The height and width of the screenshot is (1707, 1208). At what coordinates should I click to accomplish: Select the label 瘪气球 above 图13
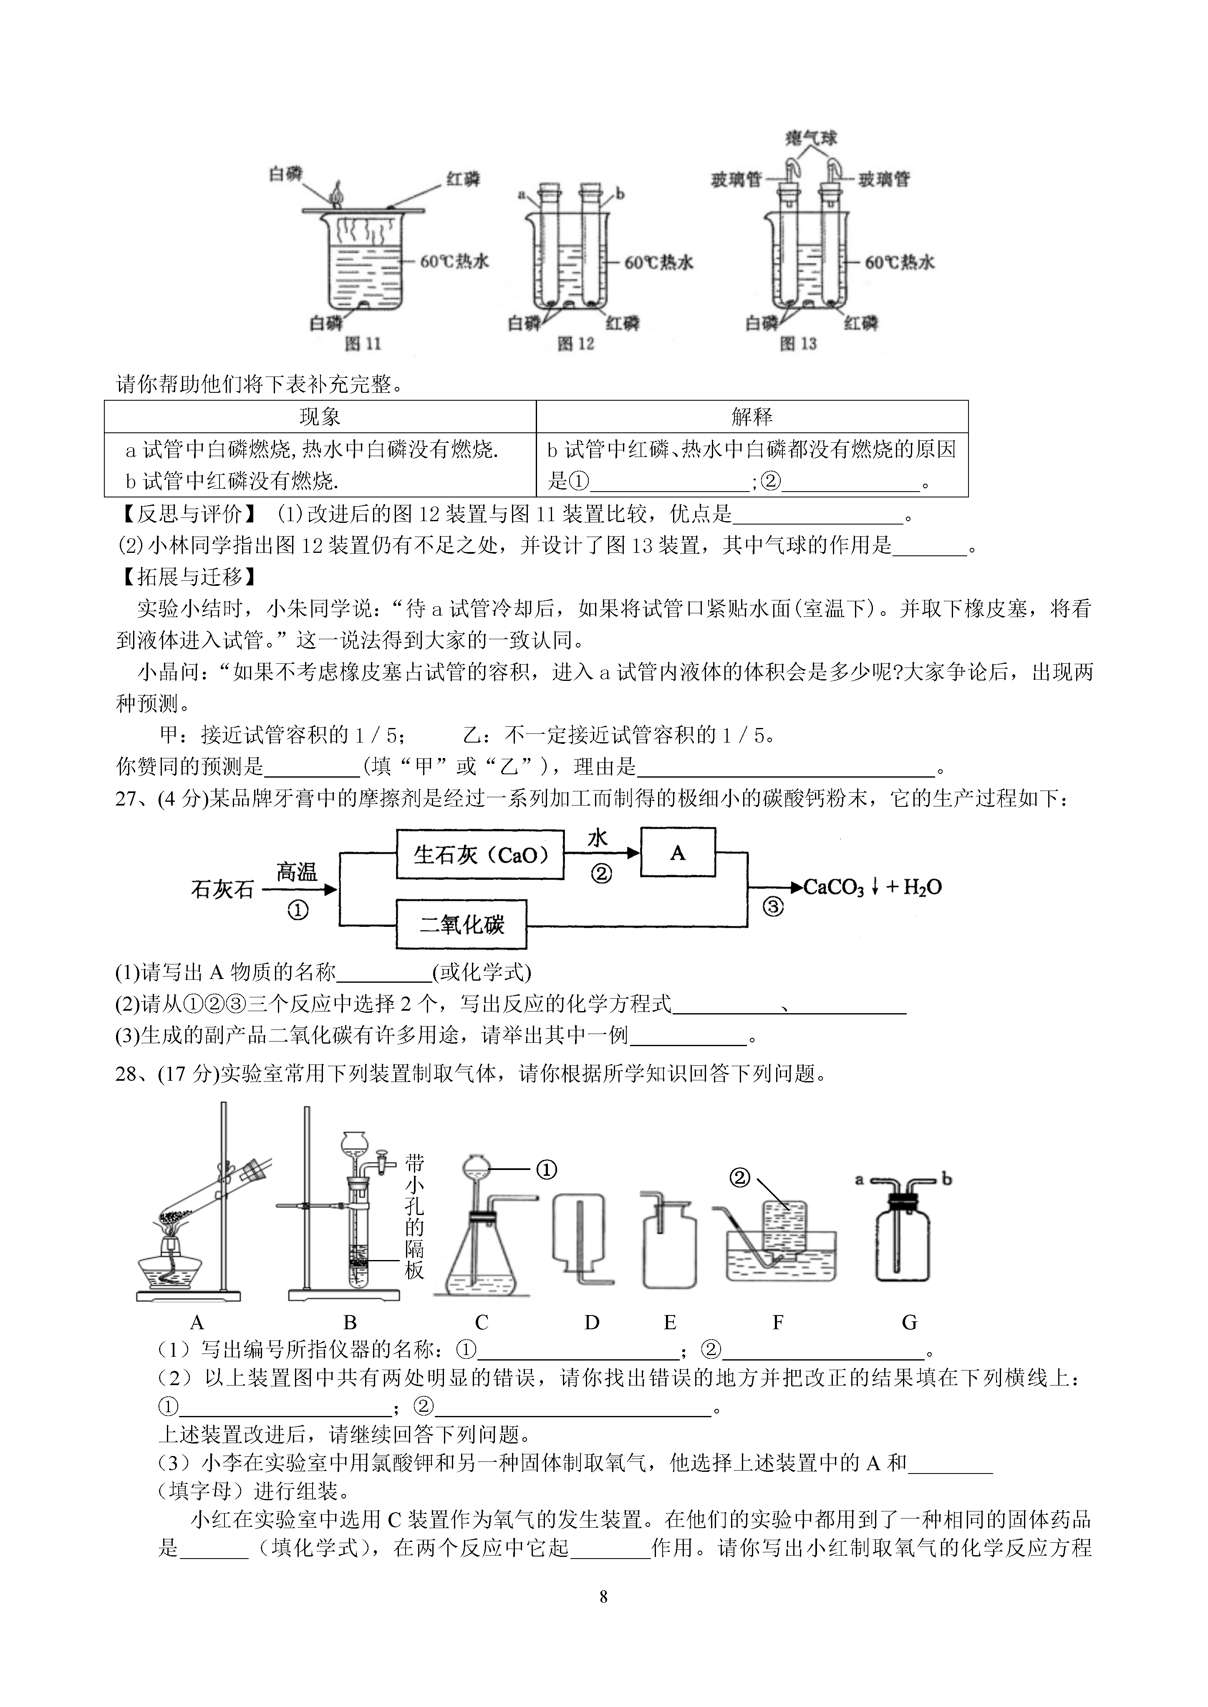click(812, 138)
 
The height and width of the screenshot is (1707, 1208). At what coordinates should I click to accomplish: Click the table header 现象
click(320, 417)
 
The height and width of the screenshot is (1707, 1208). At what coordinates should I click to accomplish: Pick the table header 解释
click(752, 417)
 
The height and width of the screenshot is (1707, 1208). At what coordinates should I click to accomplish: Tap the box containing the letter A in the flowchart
click(678, 853)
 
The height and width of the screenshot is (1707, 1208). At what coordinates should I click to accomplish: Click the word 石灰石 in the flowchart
click(222, 889)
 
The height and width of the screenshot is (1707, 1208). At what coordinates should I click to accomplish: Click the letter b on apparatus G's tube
click(946, 1178)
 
